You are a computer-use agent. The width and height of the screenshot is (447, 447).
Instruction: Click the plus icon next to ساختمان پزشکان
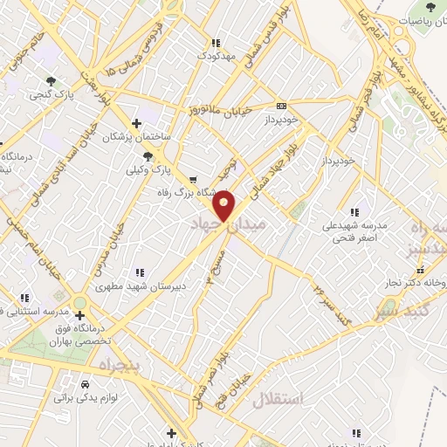pyautogui.click(x=135, y=123)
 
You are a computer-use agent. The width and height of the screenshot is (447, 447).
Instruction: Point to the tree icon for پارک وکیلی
pyautogui.click(x=148, y=156)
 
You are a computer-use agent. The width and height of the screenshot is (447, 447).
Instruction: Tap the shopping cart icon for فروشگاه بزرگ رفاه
pyautogui.click(x=194, y=180)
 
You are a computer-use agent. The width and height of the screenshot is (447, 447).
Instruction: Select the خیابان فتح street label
pyautogui.click(x=242, y=388)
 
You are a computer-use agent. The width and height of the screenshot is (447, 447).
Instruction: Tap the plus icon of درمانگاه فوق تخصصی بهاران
pyautogui.click(x=80, y=314)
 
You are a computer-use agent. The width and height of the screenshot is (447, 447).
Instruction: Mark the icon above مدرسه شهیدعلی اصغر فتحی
pyautogui.click(x=354, y=211)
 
